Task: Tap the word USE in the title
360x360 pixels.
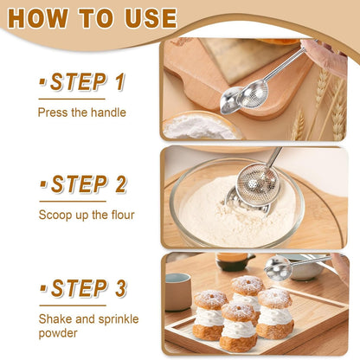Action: point(147,18)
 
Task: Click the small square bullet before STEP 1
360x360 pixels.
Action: point(43,83)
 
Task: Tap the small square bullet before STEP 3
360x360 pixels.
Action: point(43,288)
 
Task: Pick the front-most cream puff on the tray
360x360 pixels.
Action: point(237,327)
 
